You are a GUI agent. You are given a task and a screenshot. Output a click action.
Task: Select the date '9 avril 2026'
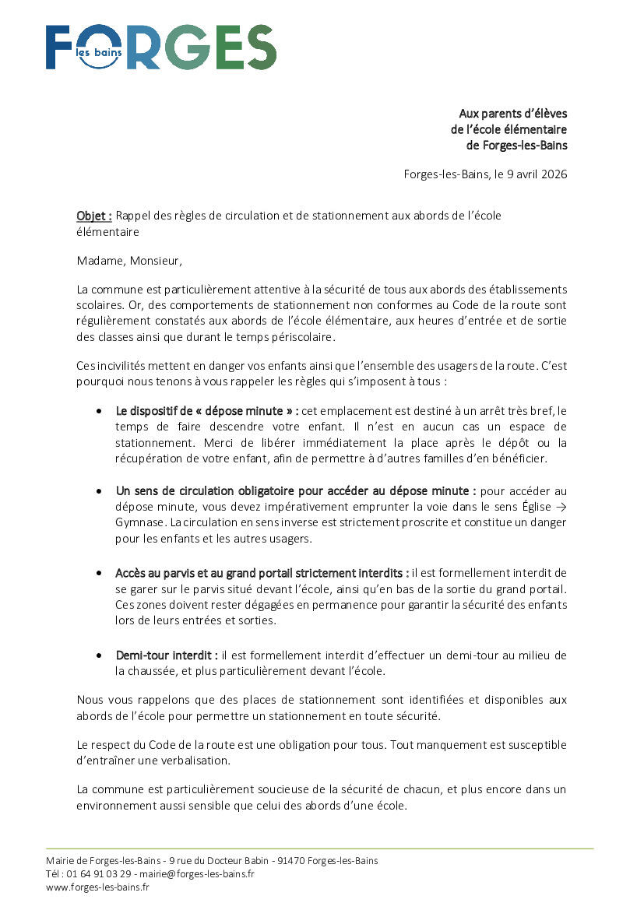point(533,174)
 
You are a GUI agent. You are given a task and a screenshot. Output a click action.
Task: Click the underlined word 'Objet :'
point(94,216)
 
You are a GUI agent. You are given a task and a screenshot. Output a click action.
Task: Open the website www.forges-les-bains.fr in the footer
point(97,887)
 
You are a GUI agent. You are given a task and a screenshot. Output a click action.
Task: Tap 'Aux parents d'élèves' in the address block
point(512,114)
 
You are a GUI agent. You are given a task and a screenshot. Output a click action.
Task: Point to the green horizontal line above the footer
point(319,849)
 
